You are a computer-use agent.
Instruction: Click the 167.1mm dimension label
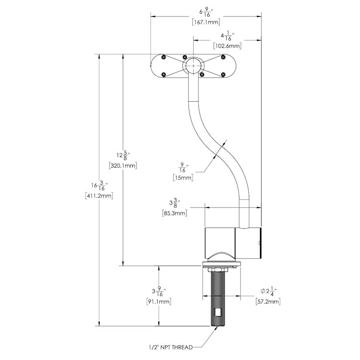point(206,22)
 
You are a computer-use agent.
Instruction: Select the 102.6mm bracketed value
point(228,46)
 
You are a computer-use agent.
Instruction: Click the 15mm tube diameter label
point(183,177)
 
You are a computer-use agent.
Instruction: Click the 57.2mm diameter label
point(268,301)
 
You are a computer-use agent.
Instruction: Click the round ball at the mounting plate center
point(193,66)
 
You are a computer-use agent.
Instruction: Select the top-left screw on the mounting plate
point(163,58)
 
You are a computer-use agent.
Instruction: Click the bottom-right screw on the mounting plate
point(223,74)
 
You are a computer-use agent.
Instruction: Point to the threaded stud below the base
point(218,298)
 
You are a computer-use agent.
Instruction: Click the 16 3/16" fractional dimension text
point(99,186)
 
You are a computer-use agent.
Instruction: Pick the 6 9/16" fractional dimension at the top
point(206,12)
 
